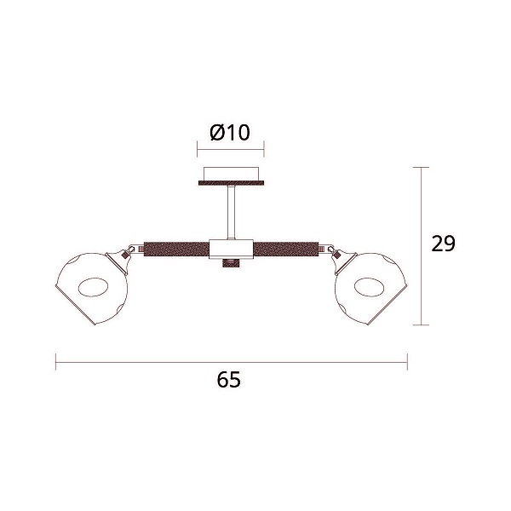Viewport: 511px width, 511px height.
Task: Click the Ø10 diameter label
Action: click(x=230, y=132)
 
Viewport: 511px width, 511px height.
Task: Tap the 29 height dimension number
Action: click(x=443, y=244)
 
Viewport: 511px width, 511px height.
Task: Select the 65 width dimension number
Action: click(x=229, y=379)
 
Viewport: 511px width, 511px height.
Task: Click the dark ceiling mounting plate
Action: click(x=231, y=182)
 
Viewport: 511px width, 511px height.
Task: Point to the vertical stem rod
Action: click(x=231, y=212)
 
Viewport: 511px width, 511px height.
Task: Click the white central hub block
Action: click(x=231, y=250)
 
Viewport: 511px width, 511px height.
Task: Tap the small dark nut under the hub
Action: click(x=231, y=263)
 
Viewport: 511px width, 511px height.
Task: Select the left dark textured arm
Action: click(x=176, y=250)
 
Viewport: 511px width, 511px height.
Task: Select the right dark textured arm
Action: click(x=286, y=250)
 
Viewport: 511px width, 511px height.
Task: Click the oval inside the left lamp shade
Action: click(x=94, y=287)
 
